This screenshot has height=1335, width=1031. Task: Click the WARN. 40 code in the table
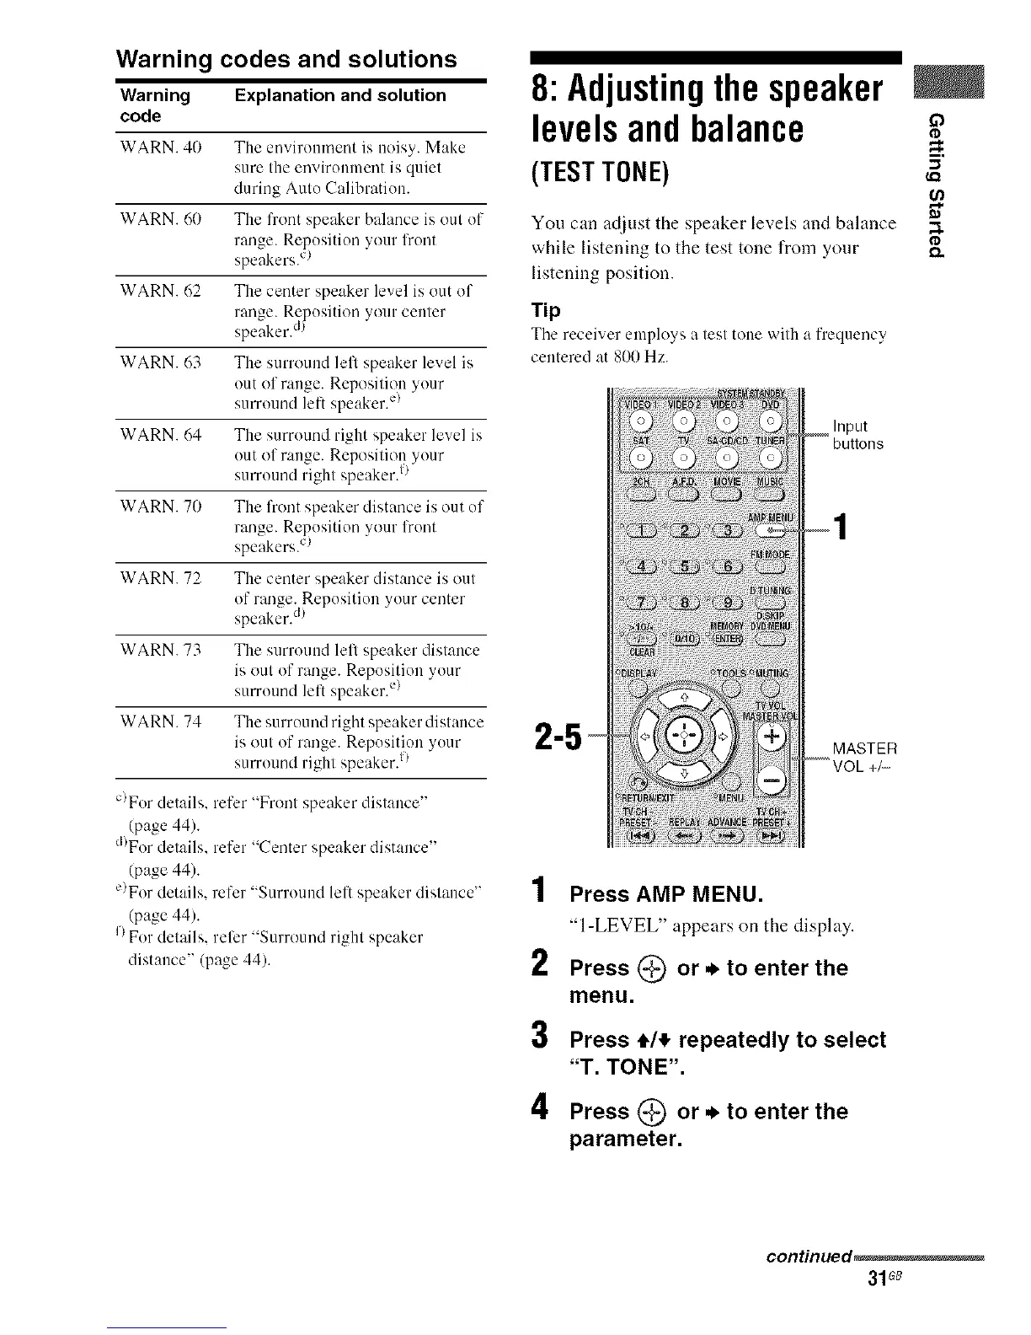point(158,147)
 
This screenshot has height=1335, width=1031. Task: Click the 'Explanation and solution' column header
point(340,95)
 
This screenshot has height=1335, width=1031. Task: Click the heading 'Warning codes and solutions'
point(286,59)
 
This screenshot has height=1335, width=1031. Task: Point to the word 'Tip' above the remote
point(546,310)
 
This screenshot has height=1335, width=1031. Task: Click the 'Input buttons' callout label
point(857,435)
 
